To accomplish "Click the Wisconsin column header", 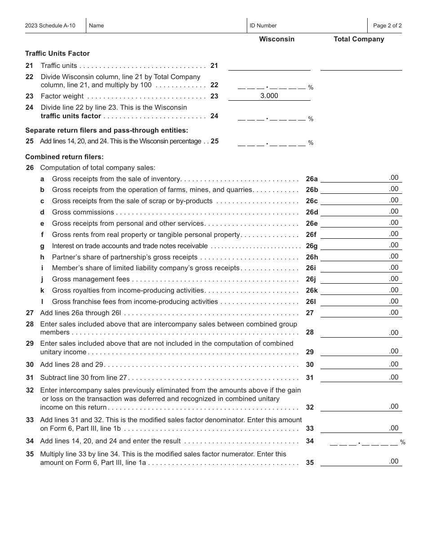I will pyautogui.click(x=276, y=39).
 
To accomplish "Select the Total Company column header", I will pyautogui.click(x=359, y=39).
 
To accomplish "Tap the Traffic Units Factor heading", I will pyautogui.click(x=58, y=54).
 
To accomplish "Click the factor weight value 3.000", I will pyautogui.click(x=269, y=96).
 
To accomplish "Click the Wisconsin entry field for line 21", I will pyautogui.click(x=269, y=66).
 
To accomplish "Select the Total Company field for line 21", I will pyautogui.click(x=361, y=66).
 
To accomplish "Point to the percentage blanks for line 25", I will pyautogui.click(x=271, y=142).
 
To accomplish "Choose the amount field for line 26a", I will pyautogui.click(x=361, y=178).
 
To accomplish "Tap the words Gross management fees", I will pyautogui.click(x=91, y=279).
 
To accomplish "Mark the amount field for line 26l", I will pyautogui.click(x=361, y=301).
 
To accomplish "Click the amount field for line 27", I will pyautogui.click(x=361, y=312).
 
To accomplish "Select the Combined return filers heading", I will pyautogui.click(x=64, y=157).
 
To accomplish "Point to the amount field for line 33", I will pyautogui.click(x=361, y=428).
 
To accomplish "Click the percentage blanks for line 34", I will pyautogui.click(x=364, y=442).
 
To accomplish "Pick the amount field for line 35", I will pyautogui.click(x=361, y=461).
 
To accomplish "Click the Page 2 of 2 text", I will pyautogui.click(x=387, y=26).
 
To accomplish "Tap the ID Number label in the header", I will pyautogui.click(x=263, y=26).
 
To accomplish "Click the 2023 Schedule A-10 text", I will pyautogui.click(x=50, y=26).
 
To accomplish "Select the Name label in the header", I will pyautogui.click(x=96, y=26).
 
